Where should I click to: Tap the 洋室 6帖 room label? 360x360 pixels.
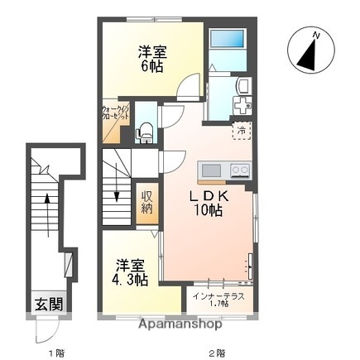pyautogui.click(x=151, y=59)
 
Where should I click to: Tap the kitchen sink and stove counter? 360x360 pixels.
pyautogui.click(x=224, y=170)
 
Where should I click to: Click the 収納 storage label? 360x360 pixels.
pyautogui.click(x=146, y=202)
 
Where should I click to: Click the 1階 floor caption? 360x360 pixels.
pyautogui.click(x=55, y=353)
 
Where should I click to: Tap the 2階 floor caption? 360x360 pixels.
pyautogui.click(x=217, y=353)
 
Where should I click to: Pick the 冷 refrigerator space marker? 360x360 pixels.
pyautogui.click(x=241, y=130)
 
